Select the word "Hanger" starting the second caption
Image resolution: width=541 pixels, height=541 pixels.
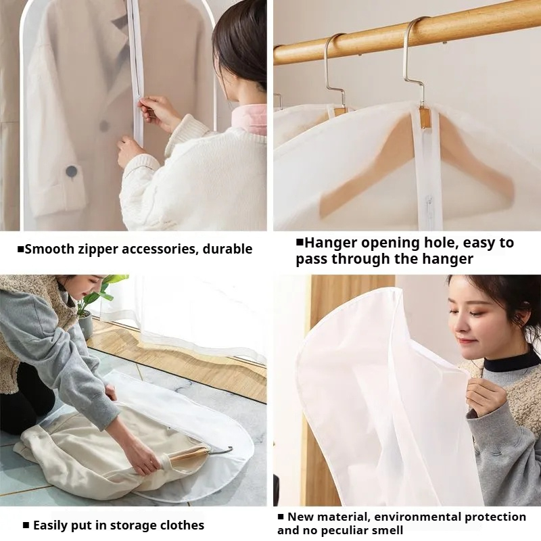coord(333,243)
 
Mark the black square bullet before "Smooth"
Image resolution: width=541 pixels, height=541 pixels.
coord(20,250)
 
